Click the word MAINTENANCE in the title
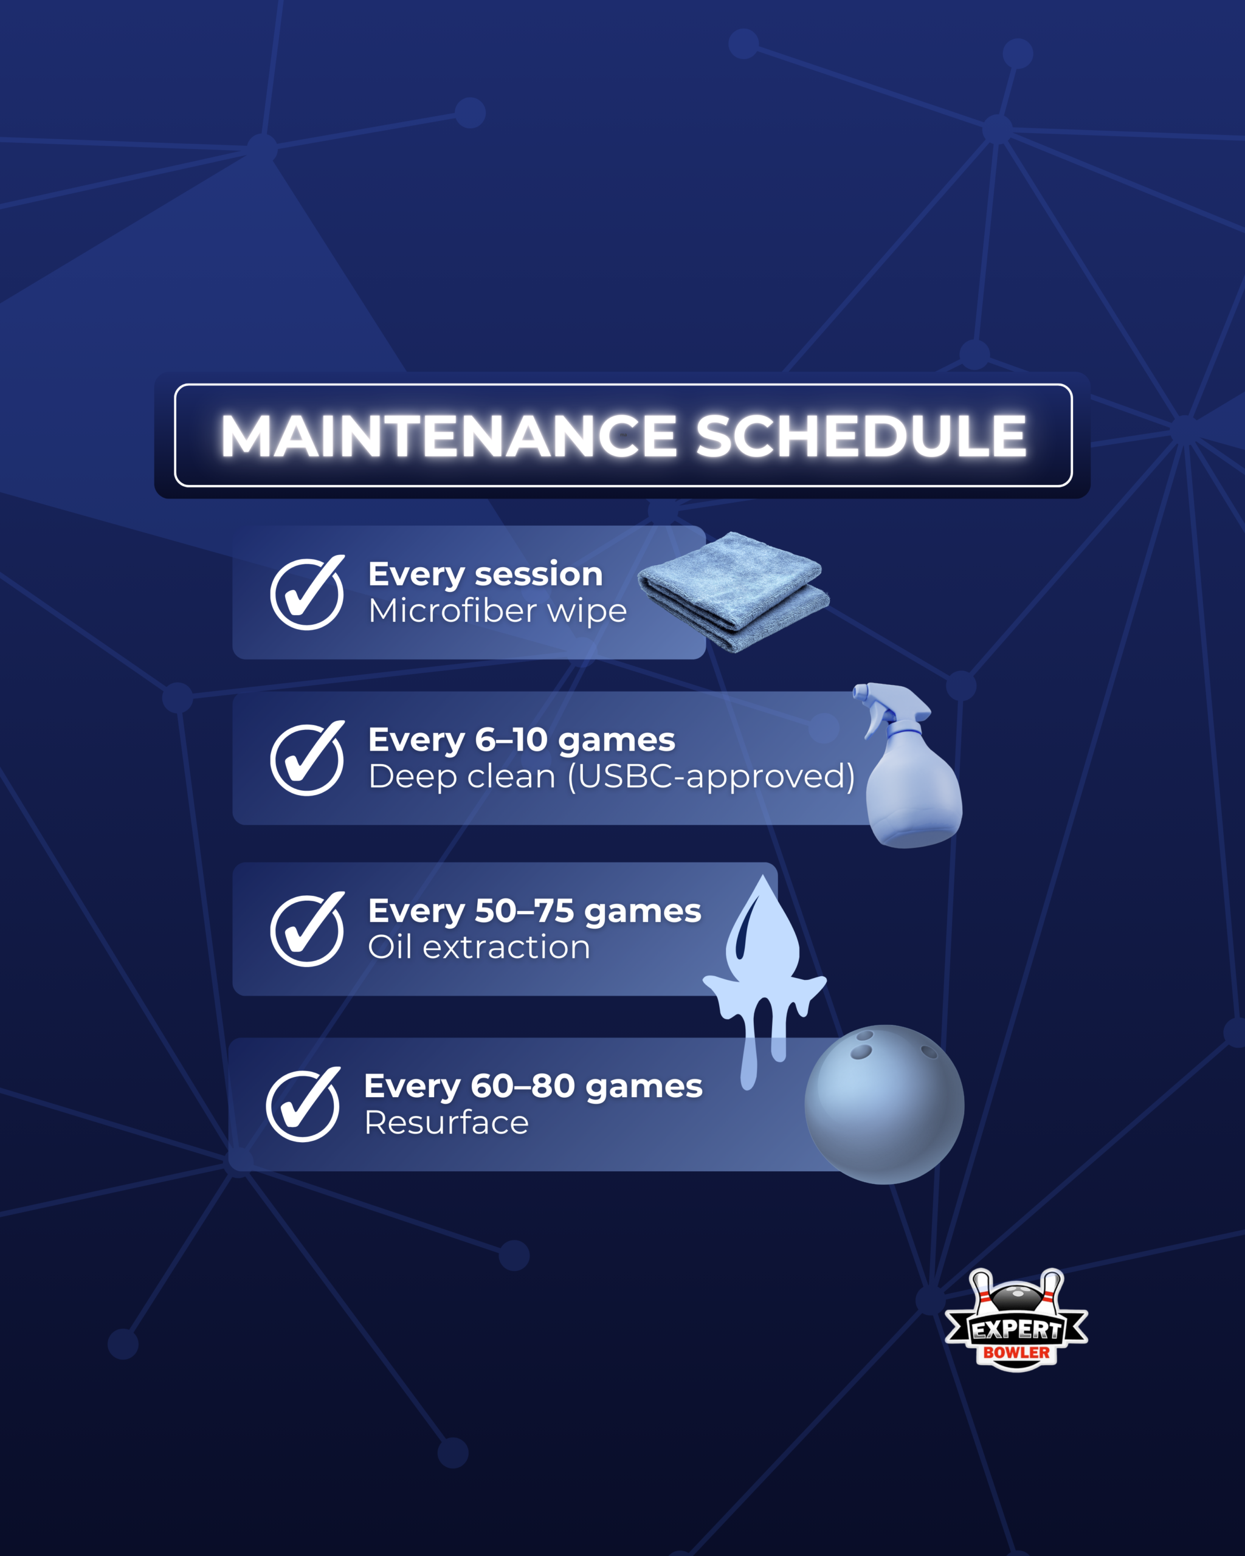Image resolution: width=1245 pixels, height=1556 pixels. (x=448, y=436)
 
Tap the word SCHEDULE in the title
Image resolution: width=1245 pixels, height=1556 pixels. (x=860, y=436)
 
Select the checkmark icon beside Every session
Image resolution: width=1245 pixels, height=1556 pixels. (x=307, y=593)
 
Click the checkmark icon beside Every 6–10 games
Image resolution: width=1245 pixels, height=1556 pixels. (x=307, y=758)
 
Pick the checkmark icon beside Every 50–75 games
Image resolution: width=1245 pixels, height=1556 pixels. (x=307, y=929)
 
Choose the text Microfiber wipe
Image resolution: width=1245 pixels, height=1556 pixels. (x=497, y=611)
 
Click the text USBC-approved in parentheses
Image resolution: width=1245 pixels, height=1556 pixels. (x=711, y=777)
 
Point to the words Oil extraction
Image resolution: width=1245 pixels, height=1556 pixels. (x=478, y=947)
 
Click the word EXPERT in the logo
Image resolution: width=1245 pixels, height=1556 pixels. (x=1016, y=1329)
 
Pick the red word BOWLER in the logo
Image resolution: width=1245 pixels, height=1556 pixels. (x=1016, y=1352)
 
